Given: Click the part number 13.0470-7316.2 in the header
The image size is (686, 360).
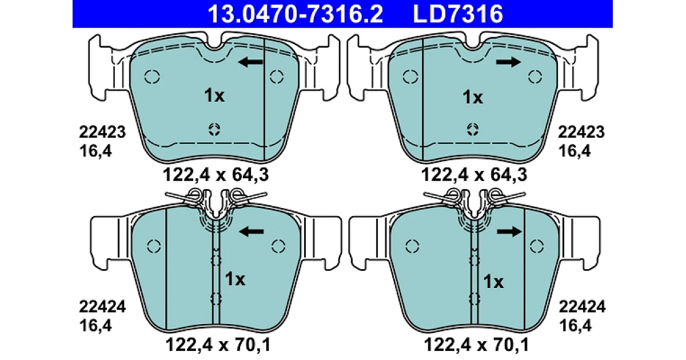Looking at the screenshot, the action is [295, 14].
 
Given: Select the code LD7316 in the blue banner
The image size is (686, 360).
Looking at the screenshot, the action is [458, 14].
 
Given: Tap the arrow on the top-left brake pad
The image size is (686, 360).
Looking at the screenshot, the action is [250, 62].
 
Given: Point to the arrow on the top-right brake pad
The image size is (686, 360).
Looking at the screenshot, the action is [508, 62].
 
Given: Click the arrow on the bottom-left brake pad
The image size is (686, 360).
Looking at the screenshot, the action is [252, 231].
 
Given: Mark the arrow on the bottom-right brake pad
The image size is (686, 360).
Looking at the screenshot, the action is [509, 231].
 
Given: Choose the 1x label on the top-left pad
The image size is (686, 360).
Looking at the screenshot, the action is [214, 95].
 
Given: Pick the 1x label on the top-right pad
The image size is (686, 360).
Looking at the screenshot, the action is [473, 97].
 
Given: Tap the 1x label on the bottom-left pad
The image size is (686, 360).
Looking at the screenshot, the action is [235, 279].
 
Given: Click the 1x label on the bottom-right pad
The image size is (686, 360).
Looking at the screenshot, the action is [493, 282].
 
